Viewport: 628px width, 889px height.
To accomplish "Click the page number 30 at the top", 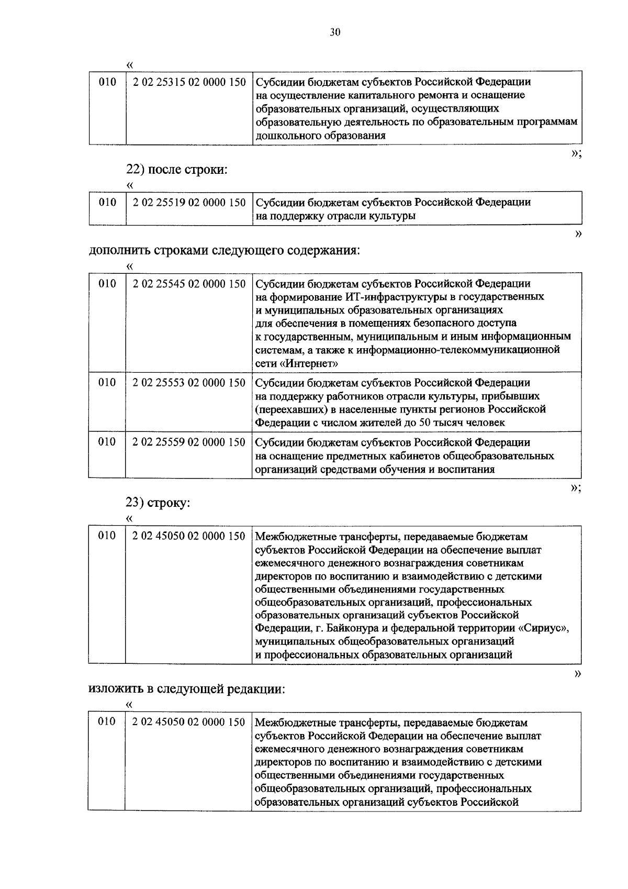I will pos(335,32).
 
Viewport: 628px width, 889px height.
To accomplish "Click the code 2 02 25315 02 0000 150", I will pos(189,82).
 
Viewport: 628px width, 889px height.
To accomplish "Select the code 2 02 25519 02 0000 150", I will pos(189,203).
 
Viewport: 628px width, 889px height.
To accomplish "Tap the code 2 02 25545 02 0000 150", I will pos(189,284).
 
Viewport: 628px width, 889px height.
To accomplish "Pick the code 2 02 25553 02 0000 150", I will pos(189,383).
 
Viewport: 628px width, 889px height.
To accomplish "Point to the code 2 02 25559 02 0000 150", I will pos(189,442).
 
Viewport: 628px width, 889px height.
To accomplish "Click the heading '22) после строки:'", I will pos(177,170).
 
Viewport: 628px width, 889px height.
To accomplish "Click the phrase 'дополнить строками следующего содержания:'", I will pos(225,250).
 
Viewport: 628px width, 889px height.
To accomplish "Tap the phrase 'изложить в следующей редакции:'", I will pos(187,688).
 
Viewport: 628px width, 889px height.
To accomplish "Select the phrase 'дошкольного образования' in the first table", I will pos(320,136).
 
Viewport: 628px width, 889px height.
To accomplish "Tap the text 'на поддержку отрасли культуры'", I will pos(335,216).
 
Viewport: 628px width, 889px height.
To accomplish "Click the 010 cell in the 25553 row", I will pos(107,383).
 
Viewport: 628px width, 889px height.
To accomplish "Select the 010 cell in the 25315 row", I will pos(107,82).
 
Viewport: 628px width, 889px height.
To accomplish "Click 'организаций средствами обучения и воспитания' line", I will pos(375,470).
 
